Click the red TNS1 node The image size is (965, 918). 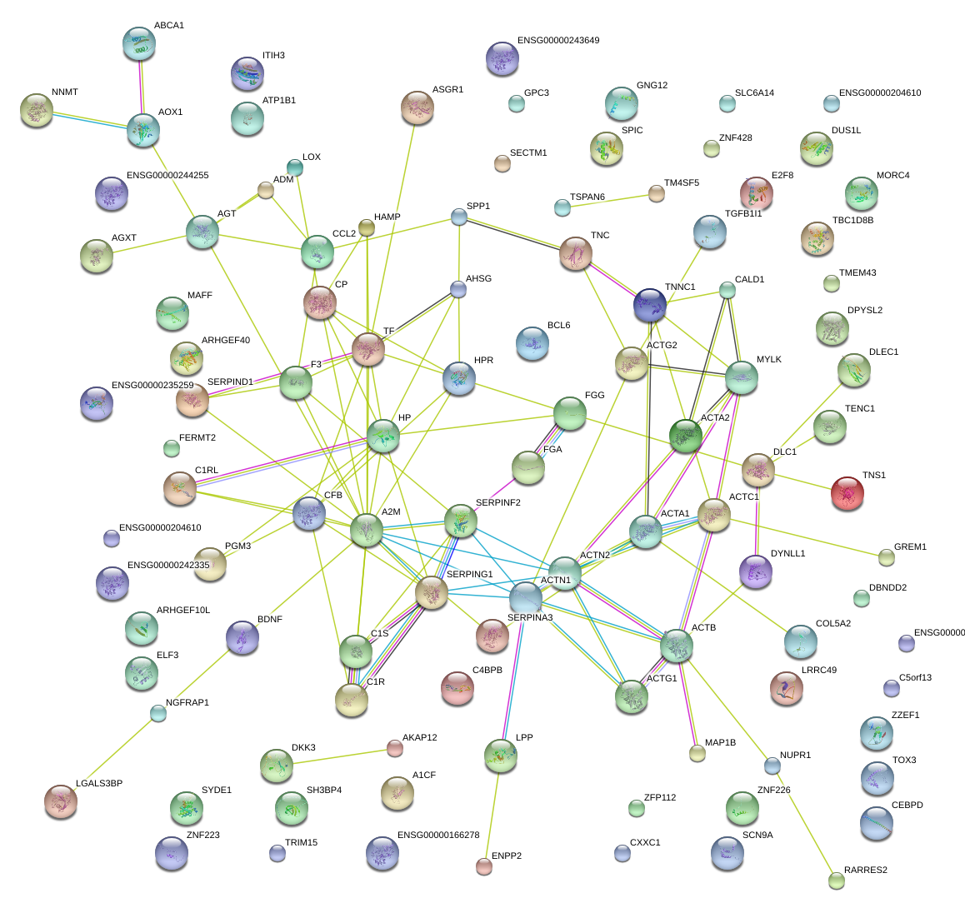point(847,493)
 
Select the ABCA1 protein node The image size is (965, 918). point(138,43)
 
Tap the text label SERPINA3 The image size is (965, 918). point(529,617)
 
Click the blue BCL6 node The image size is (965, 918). point(532,342)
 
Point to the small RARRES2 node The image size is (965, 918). point(837,880)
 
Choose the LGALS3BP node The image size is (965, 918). point(60,801)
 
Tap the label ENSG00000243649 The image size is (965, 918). point(557,40)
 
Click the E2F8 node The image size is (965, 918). point(756,192)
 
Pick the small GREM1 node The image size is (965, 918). point(886,556)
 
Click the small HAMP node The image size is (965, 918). point(367,227)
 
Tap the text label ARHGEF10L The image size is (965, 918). point(183,610)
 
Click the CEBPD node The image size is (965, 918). point(876,822)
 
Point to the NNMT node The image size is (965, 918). point(36,110)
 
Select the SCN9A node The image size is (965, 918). point(727,852)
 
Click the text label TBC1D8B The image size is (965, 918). point(852,221)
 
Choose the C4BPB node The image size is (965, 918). point(457,687)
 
